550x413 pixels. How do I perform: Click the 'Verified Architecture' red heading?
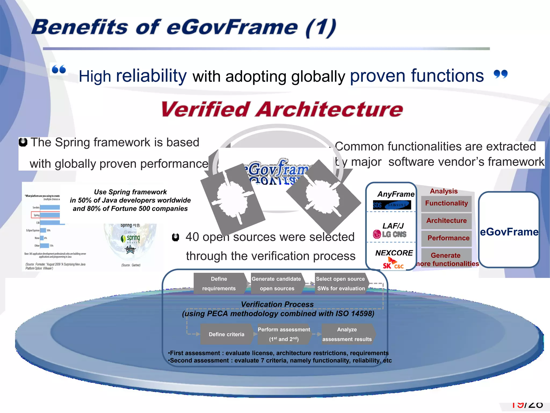[282, 110]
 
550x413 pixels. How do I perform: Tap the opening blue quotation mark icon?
[59, 69]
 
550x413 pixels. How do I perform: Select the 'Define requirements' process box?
[219, 284]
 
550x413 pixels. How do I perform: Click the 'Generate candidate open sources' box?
[277, 284]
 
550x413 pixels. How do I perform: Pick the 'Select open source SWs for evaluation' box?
[341, 284]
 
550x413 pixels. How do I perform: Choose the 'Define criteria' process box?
[226, 334]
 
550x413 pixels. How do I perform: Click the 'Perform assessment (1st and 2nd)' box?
[284, 334]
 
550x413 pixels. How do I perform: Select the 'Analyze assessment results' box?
[347, 334]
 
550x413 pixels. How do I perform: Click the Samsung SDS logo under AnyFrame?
[392, 205]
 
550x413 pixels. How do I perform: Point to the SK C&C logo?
[393, 264]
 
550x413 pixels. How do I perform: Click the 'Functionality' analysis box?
[446, 204]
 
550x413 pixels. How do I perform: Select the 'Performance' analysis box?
[448, 238]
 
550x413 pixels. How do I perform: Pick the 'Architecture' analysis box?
[446, 221]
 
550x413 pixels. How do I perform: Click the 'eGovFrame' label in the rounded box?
[509, 232]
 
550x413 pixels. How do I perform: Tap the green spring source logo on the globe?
[131, 238]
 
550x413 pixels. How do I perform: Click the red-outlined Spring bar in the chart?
[46, 215]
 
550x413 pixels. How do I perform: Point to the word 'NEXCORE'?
[394, 253]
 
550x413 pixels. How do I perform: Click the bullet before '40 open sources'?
[175, 237]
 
